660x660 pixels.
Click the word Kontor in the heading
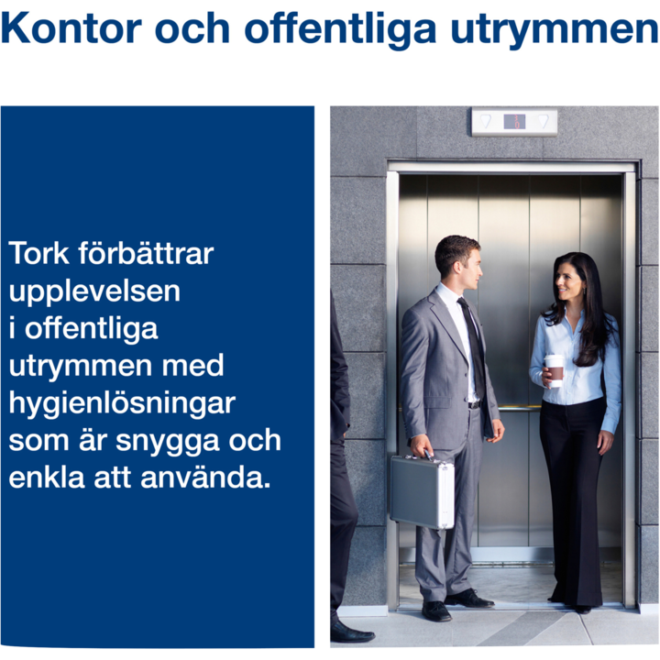point(71,28)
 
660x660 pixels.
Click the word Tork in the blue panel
point(38,253)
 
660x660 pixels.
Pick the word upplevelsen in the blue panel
point(94,292)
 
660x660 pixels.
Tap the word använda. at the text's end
point(205,478)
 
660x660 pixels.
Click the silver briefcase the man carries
point(423,491)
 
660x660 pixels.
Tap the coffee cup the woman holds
point(555,370)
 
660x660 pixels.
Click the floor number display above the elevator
point(514,122)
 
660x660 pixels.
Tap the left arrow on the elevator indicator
point(486,121)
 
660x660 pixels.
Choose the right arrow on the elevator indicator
point(544,121)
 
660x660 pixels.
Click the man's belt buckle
point(475,405)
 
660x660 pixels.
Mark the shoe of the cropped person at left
point(350,632)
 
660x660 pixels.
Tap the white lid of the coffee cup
point(555,358)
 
